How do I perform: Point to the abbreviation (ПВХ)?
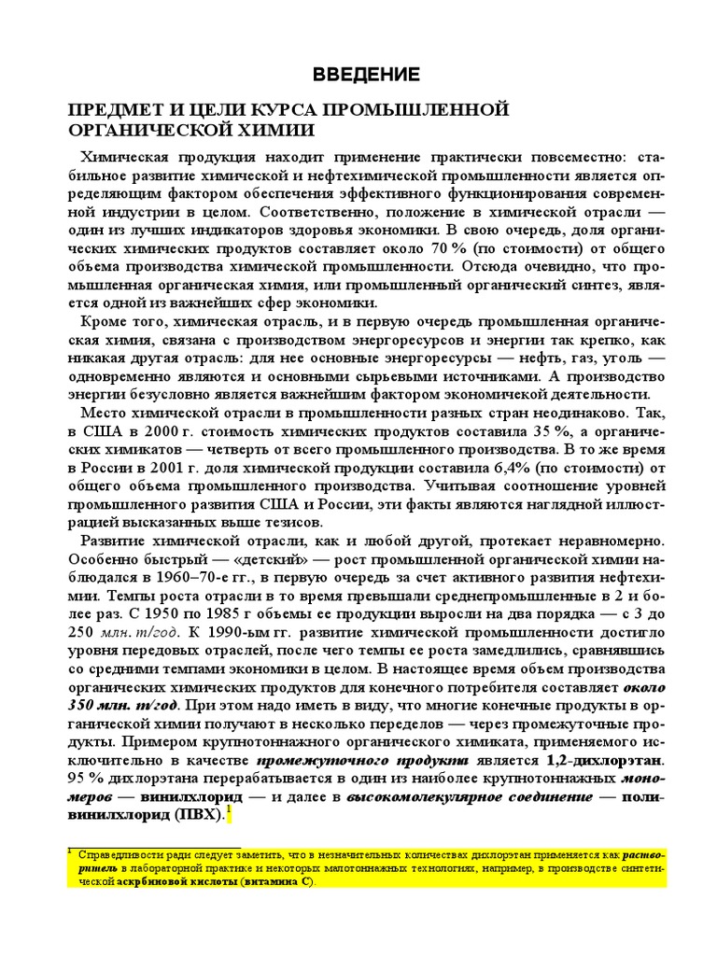pos(198,815)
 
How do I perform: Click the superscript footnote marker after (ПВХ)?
pos(228,809)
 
